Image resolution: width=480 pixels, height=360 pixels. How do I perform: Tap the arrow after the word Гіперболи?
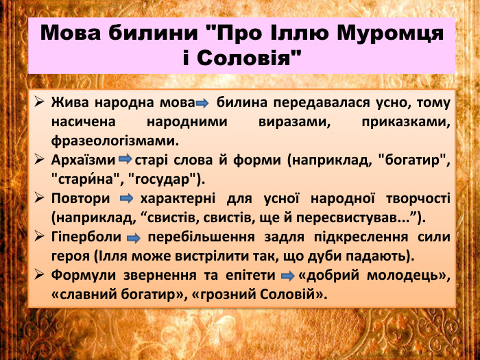134,238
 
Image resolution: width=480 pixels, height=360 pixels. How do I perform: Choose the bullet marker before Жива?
40,103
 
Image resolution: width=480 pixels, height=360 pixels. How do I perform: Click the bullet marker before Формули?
40,276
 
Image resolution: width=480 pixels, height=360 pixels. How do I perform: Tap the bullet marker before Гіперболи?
40,237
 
